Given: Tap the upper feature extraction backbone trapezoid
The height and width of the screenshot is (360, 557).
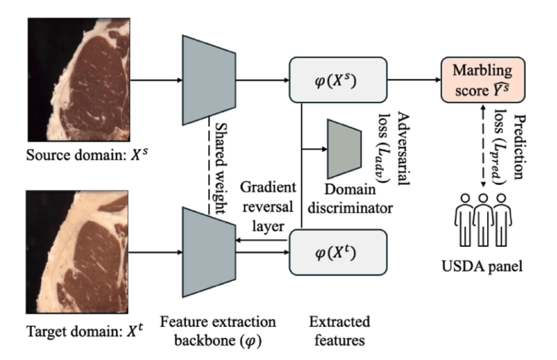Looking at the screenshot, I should (x=209, y=80).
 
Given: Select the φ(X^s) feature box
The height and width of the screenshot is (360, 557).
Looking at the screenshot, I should (x=337, y=82).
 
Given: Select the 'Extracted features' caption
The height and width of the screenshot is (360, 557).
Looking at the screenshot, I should (x=337, y=331).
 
